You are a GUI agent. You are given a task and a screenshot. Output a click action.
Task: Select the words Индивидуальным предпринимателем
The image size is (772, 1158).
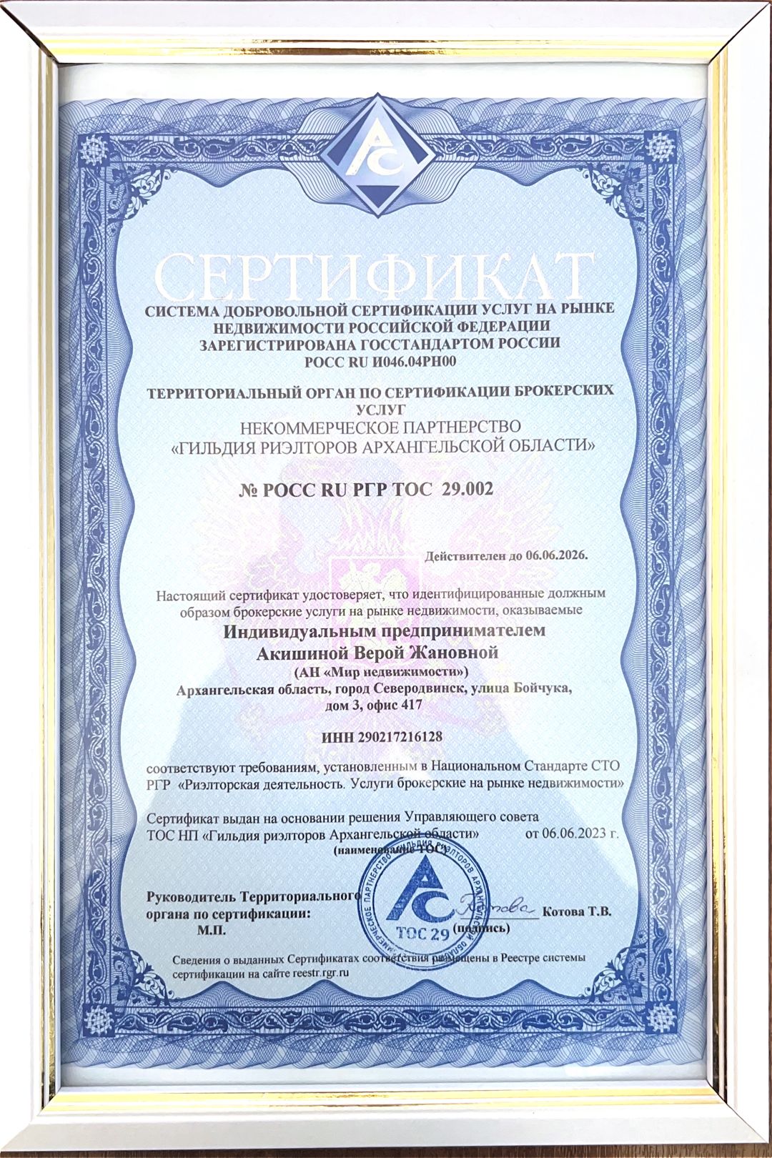(x=385, y=631)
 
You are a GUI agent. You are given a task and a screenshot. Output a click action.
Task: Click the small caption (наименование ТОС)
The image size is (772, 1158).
(x=390, y=851)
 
